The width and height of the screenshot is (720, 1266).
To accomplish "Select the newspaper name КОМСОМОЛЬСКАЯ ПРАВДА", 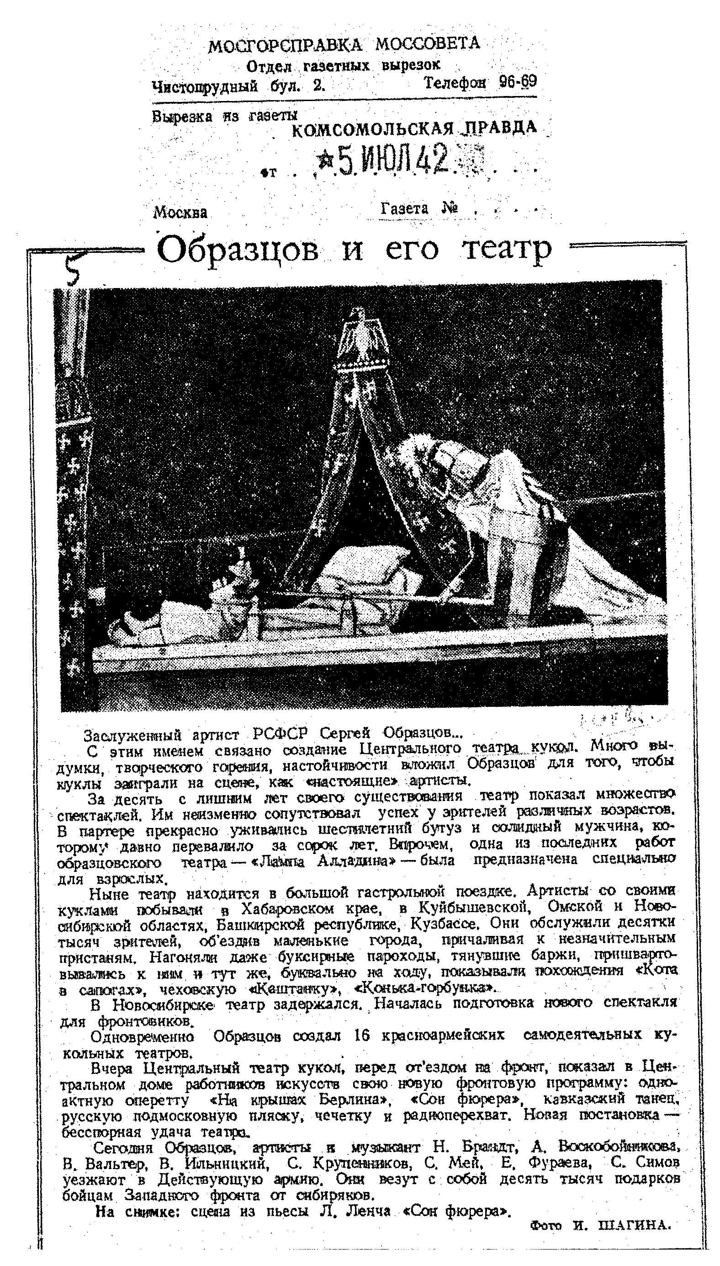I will click(x=414, y=129).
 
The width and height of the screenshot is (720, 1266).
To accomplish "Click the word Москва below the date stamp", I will click(x=180, y=213).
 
